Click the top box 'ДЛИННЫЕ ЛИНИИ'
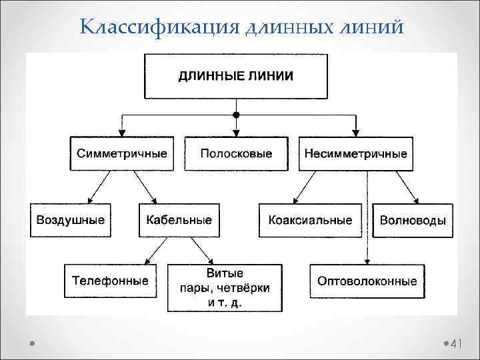click(x=235, y=76)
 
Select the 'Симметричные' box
click(x=122, y=153)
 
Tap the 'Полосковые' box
click(x=236, y=153)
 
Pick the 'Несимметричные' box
click(x=355, y=153)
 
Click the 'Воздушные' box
click(x=70, y=219)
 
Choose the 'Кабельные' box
click(x=179, y=219)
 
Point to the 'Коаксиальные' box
click(x=310, y=219)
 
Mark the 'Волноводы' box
click(x=413, y=219)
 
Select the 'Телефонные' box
click(x=110, y=281)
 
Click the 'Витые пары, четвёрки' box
click(x=224, y=287)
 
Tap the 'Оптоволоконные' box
click(x=367, y=281)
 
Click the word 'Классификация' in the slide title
click(x=159, y=27)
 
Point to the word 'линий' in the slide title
click(x=372, y=27)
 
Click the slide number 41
click(x=457, y=344)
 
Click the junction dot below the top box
click(x=235, y=115)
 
